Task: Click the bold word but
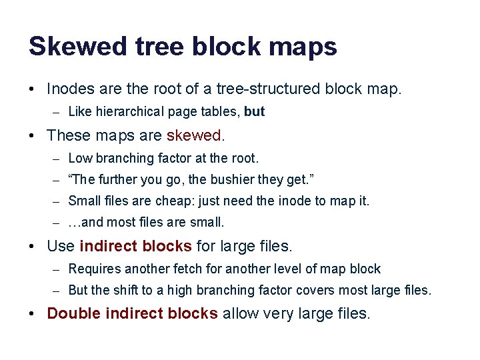[254, 112]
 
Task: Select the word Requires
[93, 269]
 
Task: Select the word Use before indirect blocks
[61, 246]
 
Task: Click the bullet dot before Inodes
[33, 89]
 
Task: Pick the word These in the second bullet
[69, 135]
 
